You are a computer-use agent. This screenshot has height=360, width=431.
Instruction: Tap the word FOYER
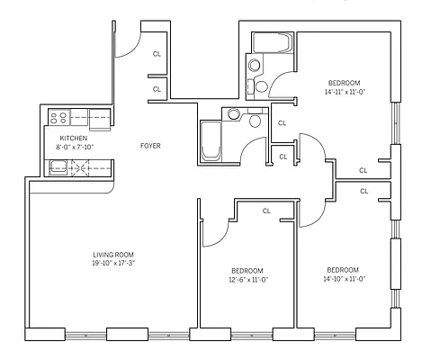(x=150, y=145)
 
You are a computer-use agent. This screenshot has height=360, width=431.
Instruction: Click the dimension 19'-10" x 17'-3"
(x=112, y=265)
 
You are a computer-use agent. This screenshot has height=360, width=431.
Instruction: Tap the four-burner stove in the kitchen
(x=61, y=116)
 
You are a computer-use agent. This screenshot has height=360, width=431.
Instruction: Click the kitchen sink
(x=58, y=166)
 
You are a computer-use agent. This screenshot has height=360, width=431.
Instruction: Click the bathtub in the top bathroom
(x=271, y=43)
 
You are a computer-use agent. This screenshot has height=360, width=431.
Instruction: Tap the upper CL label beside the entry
(x=157, y=54)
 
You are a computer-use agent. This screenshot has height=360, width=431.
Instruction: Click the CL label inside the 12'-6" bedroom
(x=266, y=211)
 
